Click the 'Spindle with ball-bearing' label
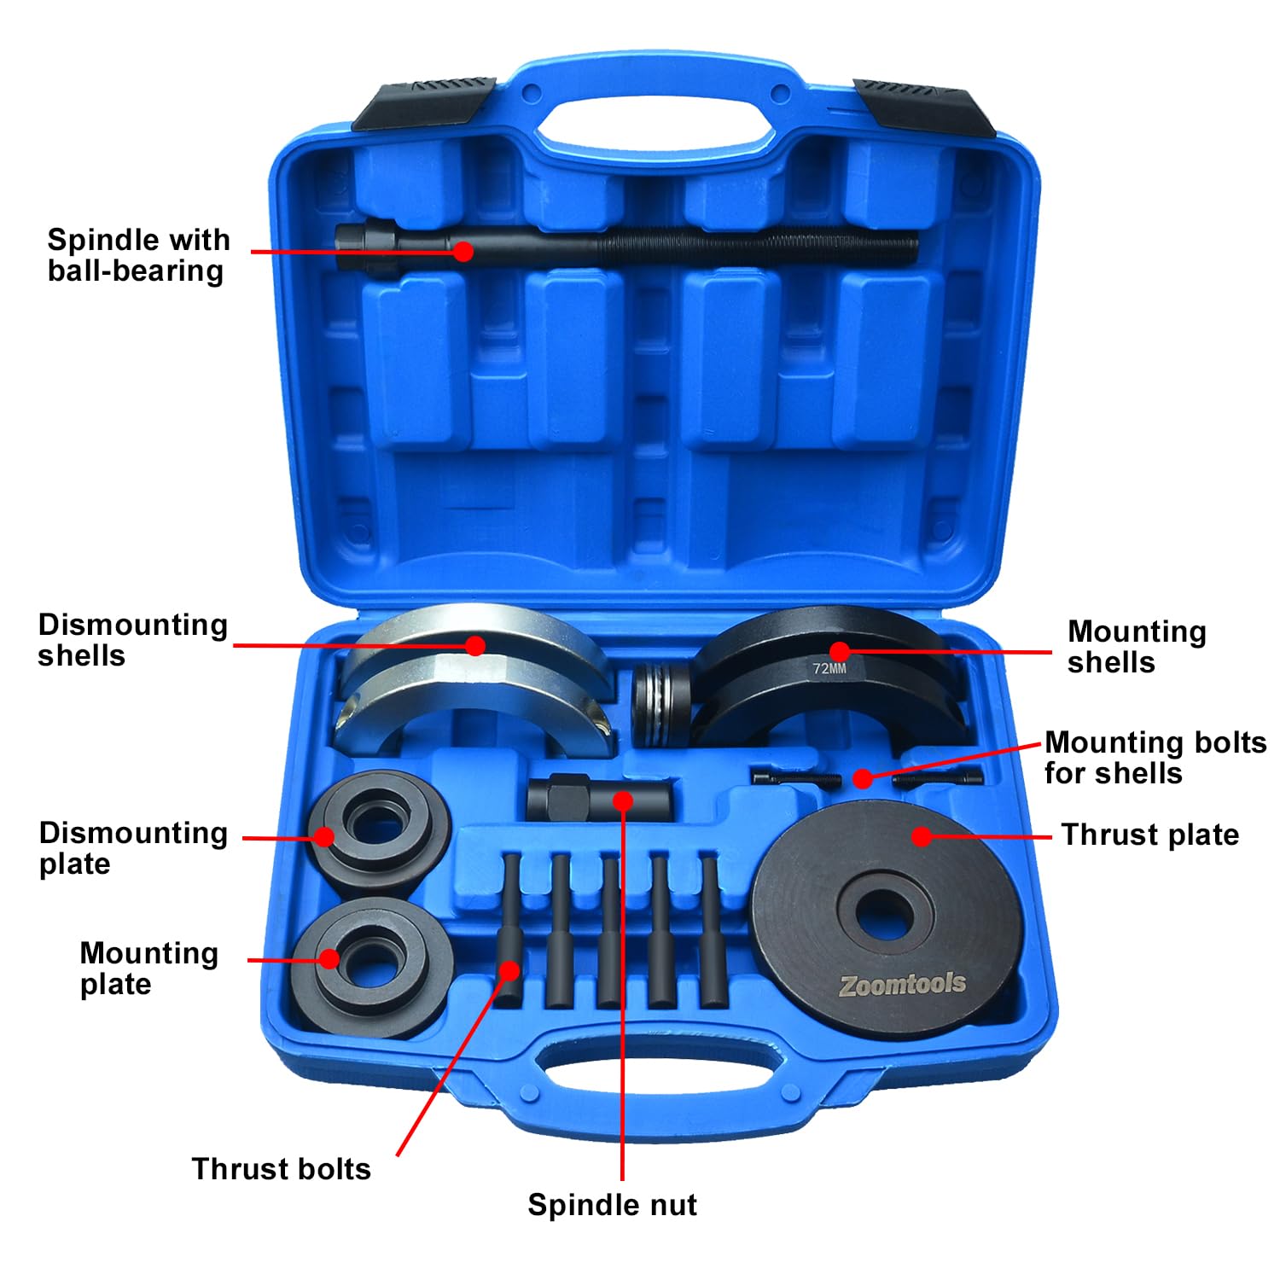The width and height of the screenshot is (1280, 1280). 138,255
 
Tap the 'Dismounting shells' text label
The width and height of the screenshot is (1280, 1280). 132,640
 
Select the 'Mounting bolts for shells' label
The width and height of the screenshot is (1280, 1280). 1155,758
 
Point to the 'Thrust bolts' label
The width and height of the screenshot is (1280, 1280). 282,1169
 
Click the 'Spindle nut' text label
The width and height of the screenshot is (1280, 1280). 612,1205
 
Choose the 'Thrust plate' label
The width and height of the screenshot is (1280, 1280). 1149,835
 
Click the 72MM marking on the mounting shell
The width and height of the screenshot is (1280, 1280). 829,669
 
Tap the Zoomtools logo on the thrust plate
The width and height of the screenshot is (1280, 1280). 903,985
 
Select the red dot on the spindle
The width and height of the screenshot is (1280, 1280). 463,251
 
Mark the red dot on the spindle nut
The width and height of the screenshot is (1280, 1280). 623,801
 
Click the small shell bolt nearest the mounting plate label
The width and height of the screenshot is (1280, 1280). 795,777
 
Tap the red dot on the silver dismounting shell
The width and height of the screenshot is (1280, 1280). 476,645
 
